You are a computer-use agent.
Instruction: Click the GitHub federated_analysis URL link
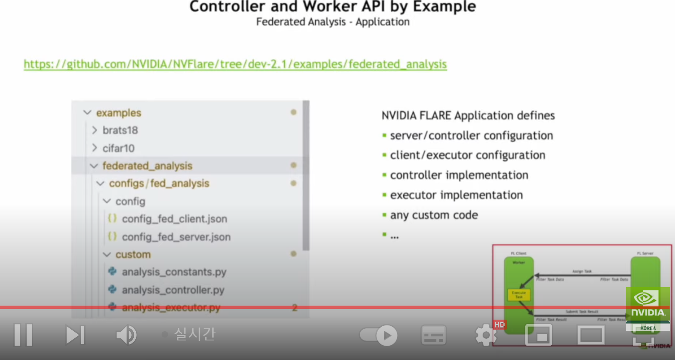[x=235, y=64]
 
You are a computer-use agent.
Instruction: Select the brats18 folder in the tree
[x=120, y=130]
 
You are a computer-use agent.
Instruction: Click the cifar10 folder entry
[x=118, y=148]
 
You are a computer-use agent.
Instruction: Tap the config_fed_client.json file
[x=174, y=219]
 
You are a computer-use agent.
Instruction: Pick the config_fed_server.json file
[x=176, y=237]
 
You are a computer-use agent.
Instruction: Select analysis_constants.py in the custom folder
[x=174, y=272]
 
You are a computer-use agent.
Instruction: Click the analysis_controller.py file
[x=173, y=290]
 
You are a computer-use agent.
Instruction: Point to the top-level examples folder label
[x=118, y=113]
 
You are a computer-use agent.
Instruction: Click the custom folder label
[x=133, y=254]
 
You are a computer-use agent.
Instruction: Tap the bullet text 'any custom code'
[x=433, y=215]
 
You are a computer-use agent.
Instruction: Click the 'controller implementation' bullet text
[x=459, y=175]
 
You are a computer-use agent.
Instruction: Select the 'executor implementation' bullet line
[x=456, y=195]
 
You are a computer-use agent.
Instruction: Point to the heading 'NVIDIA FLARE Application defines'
[x=468, y=115]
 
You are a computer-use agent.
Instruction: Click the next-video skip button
[x=75, y=335]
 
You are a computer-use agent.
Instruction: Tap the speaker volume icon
[x=126, y=335]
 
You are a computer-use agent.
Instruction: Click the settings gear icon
[x=486, y=335]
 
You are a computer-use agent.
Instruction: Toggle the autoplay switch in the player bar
[x=379, y=335]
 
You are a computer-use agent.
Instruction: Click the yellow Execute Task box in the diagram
[x=519, y=295]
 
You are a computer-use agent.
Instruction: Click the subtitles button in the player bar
[x=433, y=335]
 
